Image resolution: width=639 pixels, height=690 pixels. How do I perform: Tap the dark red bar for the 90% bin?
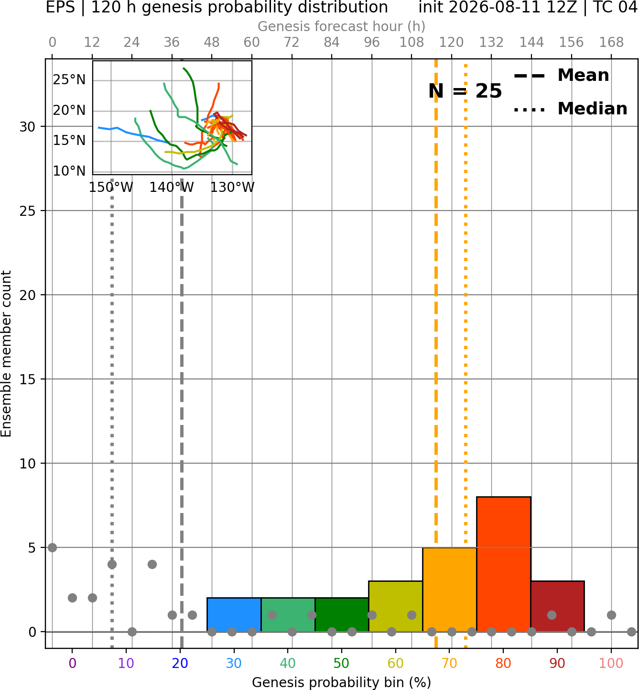click(x=557, y=606)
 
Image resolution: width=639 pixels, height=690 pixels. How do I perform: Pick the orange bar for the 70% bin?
click(x=449, y=590)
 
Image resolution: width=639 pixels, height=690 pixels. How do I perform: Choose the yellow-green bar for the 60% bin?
click(x=396, y=606)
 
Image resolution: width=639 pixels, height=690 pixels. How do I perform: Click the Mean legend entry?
click(x=561, y=76)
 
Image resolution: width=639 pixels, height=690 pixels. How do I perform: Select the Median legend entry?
click(x=570, y=109)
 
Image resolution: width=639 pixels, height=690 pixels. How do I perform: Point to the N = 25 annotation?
click(x=465, y=91)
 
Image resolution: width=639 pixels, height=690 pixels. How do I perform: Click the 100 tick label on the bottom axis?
click(x=611, y=663)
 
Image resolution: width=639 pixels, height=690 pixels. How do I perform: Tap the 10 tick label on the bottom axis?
click(x=126, y=663)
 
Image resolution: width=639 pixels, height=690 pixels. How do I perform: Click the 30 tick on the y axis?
click(x=28, y=127)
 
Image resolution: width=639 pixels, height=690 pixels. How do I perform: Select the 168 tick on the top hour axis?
click(x=611, y=43)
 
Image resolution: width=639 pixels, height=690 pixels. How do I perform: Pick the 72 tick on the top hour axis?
click(x=292, y=43)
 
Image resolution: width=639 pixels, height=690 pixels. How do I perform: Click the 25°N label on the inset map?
click(x=69, y=80)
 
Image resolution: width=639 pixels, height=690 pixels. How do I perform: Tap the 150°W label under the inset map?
click(x=111, y=187)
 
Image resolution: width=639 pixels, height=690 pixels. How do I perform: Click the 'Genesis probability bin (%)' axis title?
click(x=342, y=682)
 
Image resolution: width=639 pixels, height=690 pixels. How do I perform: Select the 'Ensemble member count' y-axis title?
click(x=6, y=354)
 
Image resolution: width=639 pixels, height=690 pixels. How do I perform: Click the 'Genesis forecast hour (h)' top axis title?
click(x=342, y=26)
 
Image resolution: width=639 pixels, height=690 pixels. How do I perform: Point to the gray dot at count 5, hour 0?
click(x=52, y=547)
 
